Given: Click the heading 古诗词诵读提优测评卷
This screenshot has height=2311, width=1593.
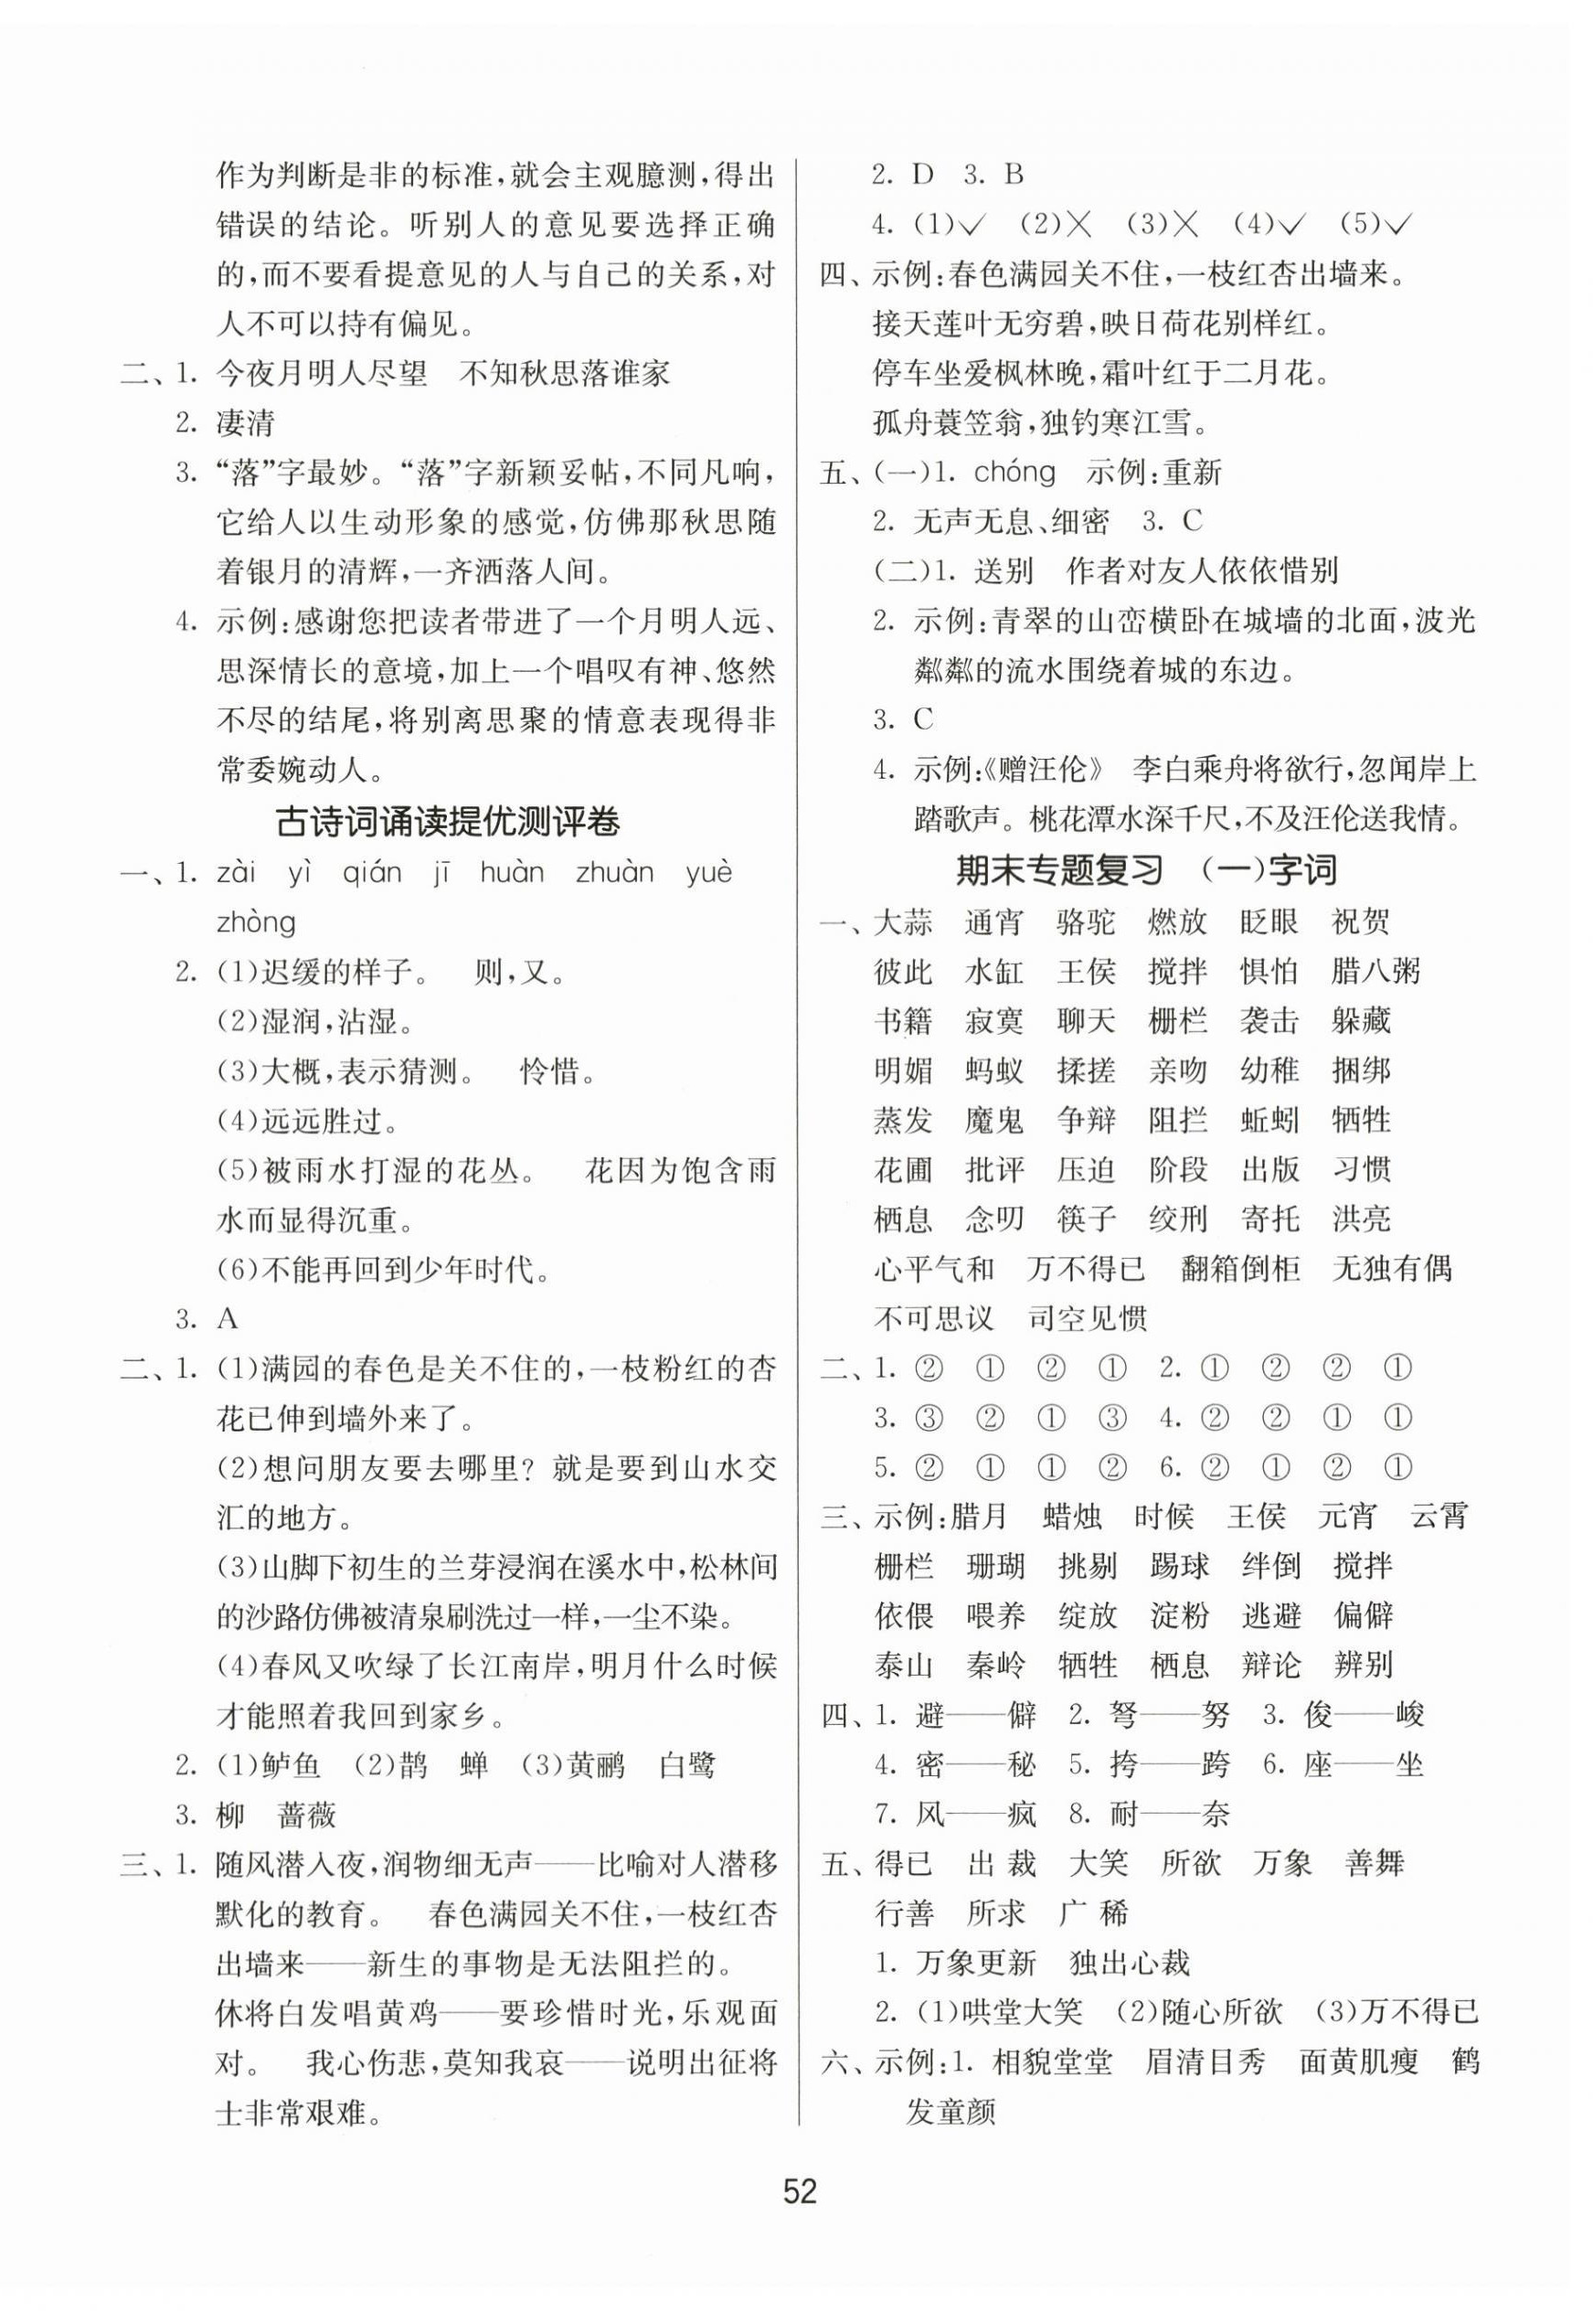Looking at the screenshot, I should coord(447,823).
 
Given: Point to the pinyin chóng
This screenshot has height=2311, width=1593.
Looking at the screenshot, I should coord(1014,473).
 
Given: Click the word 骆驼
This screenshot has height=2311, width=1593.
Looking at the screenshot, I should coord(1086,921).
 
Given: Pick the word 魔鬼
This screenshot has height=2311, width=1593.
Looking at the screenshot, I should coord(994,1120).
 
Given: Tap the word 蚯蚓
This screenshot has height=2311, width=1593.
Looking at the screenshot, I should coord(1269,1120).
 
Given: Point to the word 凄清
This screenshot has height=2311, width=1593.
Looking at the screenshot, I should coord(246,423).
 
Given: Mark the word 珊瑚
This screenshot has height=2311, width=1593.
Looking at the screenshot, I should coord(994,1566).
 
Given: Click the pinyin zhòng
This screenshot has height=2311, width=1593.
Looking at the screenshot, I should coord(256,921).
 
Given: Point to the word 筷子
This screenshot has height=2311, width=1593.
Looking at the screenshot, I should coord(1086,1219).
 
